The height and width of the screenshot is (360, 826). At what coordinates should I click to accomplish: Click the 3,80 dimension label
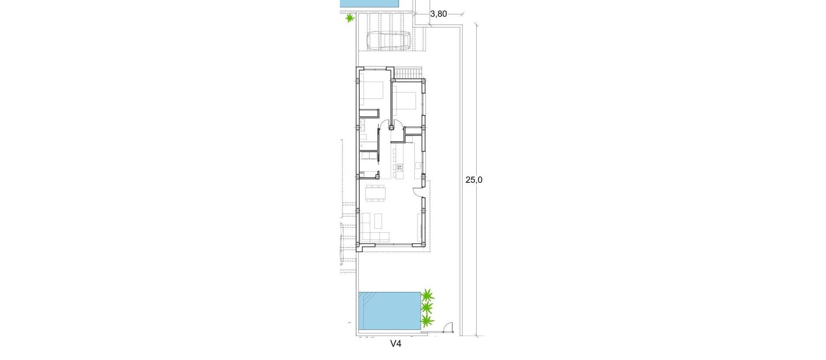pos(438,14)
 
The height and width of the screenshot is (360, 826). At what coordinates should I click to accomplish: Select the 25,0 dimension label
pos(474,180)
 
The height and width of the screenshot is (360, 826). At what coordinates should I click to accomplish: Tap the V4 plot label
pos(396,344)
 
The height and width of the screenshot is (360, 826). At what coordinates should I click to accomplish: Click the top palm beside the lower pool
pos(427,295)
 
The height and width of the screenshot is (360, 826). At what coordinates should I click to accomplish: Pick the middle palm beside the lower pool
pos(427,308)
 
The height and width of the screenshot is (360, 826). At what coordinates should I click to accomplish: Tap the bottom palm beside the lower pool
pos(427,320)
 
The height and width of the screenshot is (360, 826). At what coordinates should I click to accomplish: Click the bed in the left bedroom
pos(371,91)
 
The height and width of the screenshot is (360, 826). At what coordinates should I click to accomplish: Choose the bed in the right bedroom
pos(406,102)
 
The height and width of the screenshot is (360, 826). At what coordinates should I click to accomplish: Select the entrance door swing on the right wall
pos(417,193)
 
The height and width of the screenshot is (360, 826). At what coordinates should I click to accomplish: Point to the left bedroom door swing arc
pos(383,126)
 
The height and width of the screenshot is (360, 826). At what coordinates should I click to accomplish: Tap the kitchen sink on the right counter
pos(418,165)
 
